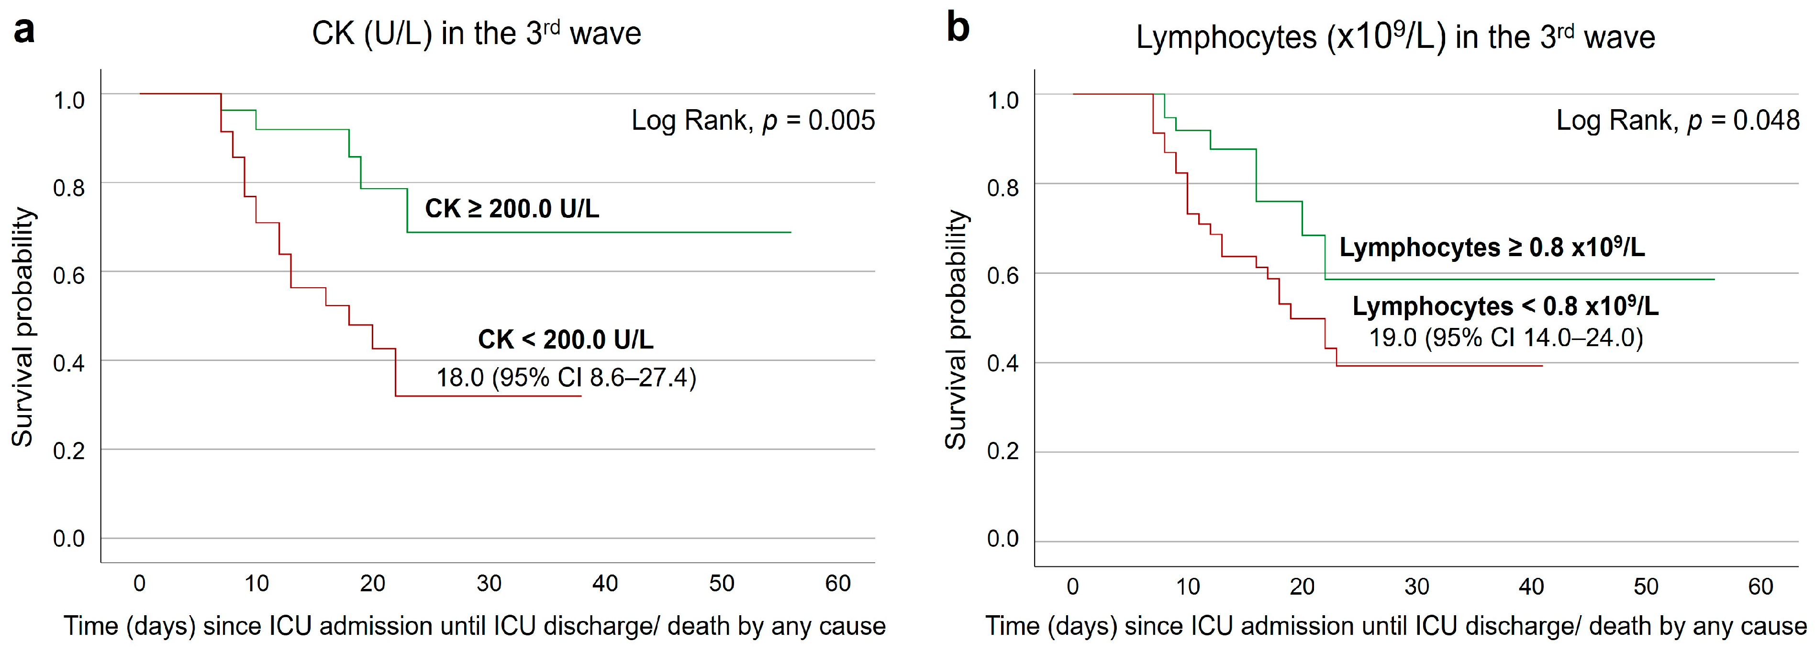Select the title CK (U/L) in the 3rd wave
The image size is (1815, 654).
click(476, 33)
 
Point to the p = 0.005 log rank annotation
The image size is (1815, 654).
click(753, 121)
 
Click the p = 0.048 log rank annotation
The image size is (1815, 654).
click(1678, 121)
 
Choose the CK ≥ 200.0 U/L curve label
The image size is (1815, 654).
click(512, 209)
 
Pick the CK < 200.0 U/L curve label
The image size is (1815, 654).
click(566, 339)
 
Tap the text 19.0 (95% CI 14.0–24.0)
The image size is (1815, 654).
click(1506, 338)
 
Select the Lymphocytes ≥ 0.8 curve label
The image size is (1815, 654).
click(1492, 248)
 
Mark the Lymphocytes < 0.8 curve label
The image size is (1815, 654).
click(1506, 306)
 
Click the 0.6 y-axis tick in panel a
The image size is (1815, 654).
click(69, 275)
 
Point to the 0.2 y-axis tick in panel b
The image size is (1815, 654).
click(1002, 451)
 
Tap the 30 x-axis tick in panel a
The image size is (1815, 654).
click(489, 584)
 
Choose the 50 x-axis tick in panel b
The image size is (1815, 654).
click(1646, 586)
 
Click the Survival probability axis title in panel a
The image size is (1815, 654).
click(22, 327)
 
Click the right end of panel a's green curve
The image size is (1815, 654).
click(791, 232)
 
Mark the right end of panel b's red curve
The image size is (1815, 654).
click(1542, 366)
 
